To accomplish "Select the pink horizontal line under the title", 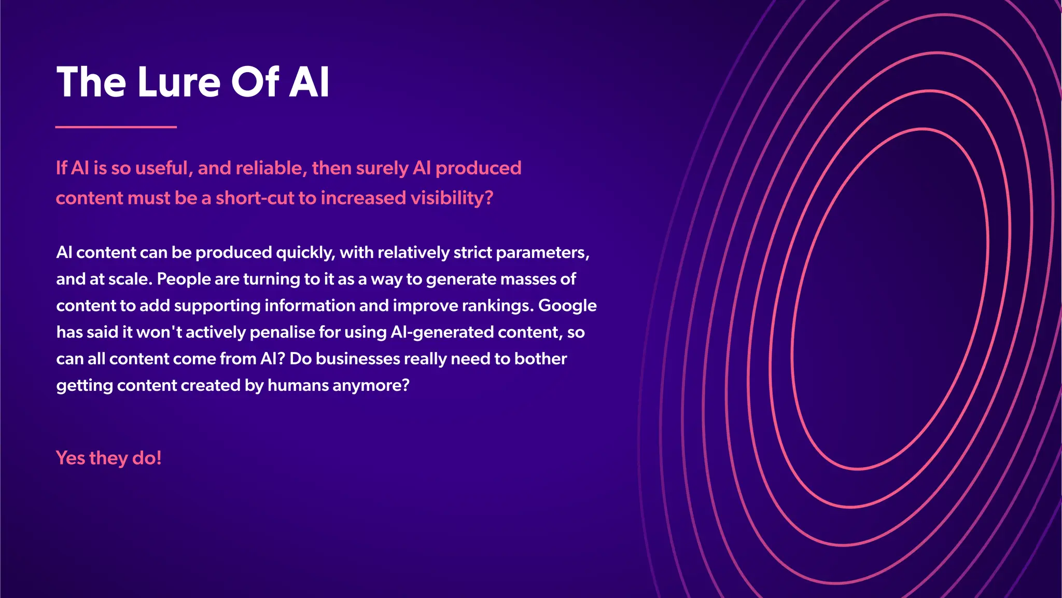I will tap(116, 127).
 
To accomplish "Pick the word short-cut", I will tap(255, 198).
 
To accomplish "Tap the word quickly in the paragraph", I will tap(305, 253).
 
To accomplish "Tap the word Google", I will tap(567, 306).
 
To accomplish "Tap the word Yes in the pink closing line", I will tap(70, 458).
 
